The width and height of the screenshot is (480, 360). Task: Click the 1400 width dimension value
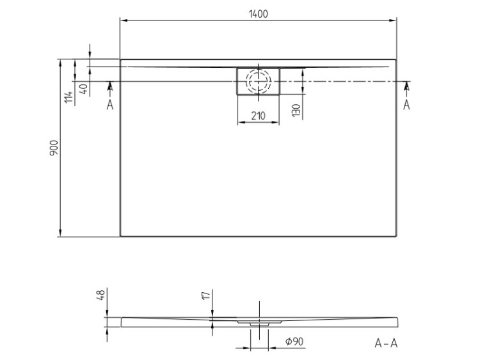click(x=259, y=14)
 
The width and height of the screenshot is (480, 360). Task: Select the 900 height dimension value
click(x=54, y=148)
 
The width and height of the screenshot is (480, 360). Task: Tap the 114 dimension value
click(x=69, y=97)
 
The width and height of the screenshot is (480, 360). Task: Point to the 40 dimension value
click(x=84, y=90)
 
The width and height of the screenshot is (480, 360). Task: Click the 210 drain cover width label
click(x=258, y=116)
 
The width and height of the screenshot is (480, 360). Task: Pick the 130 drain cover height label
click(x=296, y=111)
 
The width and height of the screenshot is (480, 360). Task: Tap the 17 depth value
click(x=206, y=295)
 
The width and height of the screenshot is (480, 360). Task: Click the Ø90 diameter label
click(x=294, y=341)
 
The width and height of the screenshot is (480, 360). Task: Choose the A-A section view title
click(x=386, y=343)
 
